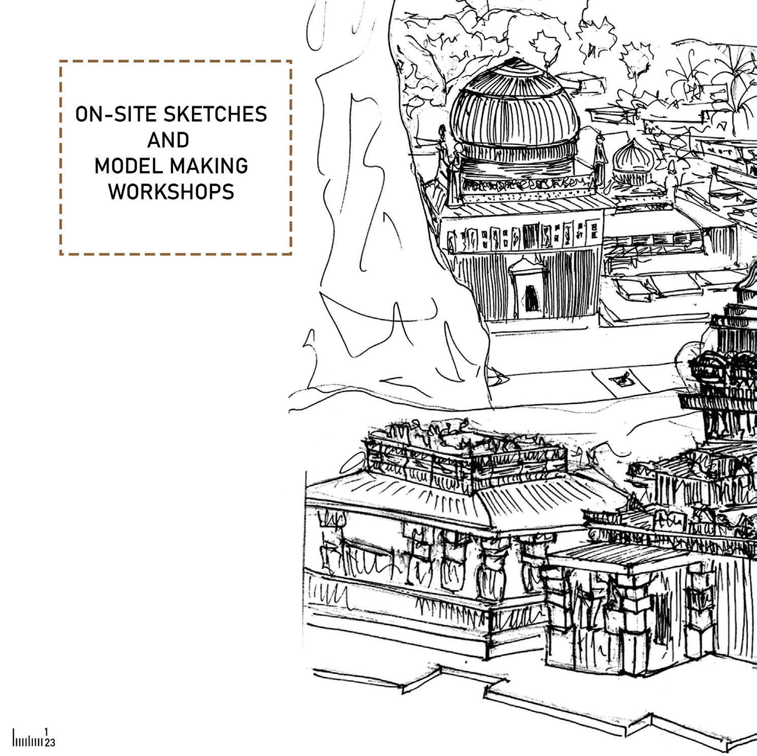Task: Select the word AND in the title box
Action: point(168,140)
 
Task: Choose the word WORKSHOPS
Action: point(171,192)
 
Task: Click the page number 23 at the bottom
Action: point(49,743)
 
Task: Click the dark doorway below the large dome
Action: point(531,297)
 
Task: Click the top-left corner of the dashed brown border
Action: point(60,61)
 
